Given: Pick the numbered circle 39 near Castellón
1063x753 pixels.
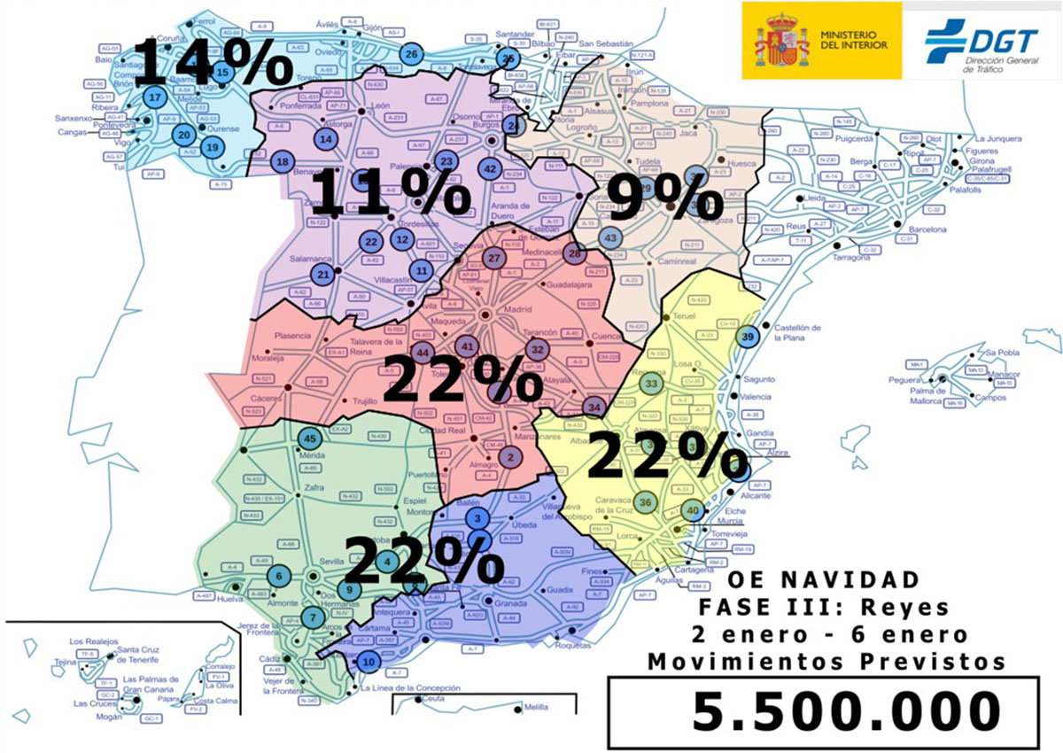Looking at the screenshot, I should (x=749, y=337).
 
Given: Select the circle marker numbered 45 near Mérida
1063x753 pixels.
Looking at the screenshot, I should (x=310, y=439).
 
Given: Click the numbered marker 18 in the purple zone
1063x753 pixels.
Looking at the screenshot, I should (x=283, y=162).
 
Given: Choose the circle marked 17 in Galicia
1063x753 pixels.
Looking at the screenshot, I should (x=155, y=98).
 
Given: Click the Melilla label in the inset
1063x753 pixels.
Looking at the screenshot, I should (x=535, y=708).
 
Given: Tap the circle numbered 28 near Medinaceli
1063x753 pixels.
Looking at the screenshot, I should (x=574, y=254).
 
